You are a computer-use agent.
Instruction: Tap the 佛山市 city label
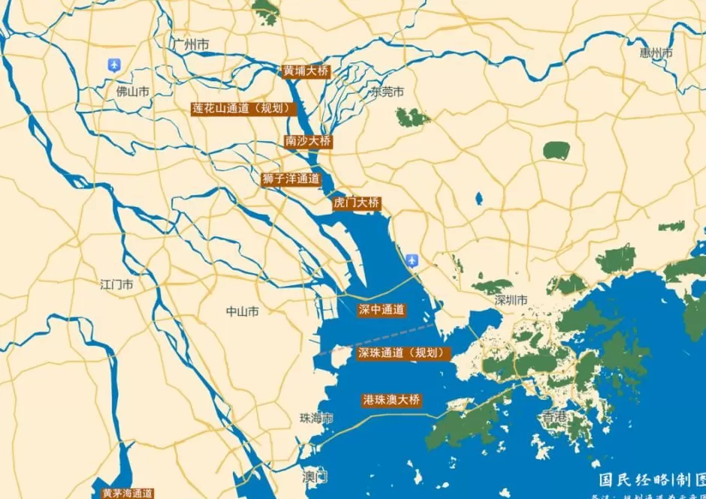[132, 92]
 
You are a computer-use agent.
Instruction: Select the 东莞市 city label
[387, 92]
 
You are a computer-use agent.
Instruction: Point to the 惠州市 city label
[656, 53]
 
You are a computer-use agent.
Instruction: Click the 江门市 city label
[116, 284]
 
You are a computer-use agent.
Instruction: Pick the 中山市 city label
[242, 311]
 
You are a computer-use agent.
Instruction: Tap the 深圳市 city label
[511, 300]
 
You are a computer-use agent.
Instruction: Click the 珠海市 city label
[316, 418]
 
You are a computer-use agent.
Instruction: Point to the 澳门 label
[315, 476]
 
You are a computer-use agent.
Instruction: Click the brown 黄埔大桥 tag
[306, 71]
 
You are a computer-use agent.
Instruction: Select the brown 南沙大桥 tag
[308, 140]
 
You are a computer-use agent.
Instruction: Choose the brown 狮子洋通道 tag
[291, 179]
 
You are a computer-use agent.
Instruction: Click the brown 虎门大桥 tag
[356, 203]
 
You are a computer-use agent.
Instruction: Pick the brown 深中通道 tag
[382, 309]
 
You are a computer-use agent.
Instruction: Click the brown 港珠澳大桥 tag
[391, 400]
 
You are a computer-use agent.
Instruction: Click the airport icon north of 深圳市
[412, 260]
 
